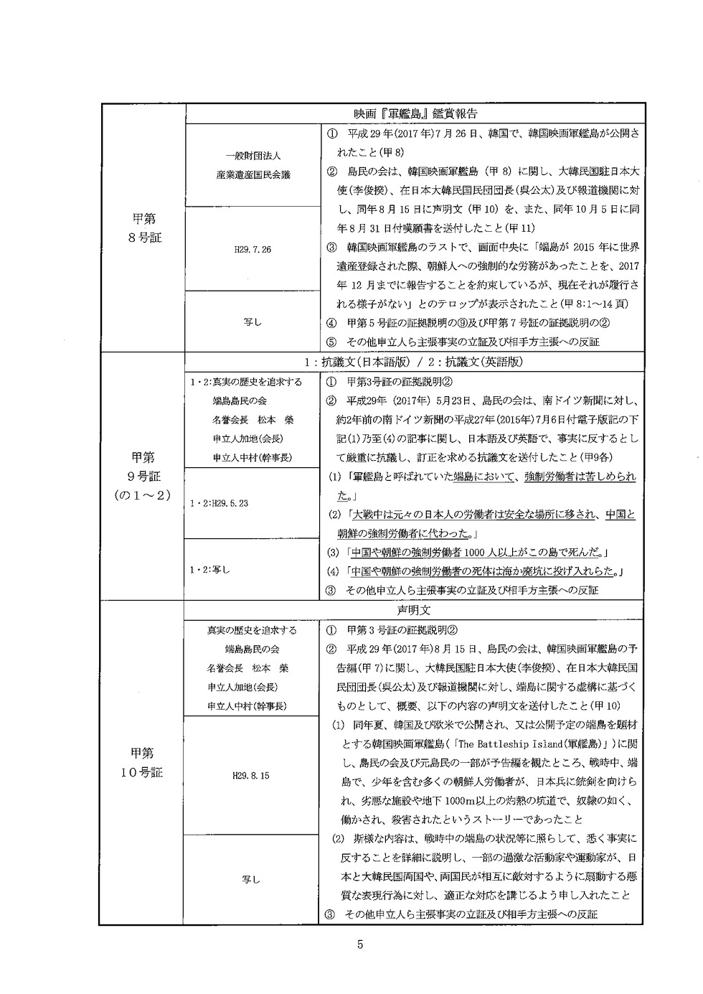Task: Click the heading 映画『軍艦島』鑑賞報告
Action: point(415,114)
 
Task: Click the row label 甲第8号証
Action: point(143,228)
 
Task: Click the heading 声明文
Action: point(415,611)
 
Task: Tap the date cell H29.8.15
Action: point(252,776)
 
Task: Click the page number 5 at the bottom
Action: point(360,944)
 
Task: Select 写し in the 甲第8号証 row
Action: point(253,322)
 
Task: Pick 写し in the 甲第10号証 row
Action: point(253,879)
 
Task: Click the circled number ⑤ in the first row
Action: point(331,342)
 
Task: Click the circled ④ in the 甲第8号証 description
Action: point(331,323)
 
